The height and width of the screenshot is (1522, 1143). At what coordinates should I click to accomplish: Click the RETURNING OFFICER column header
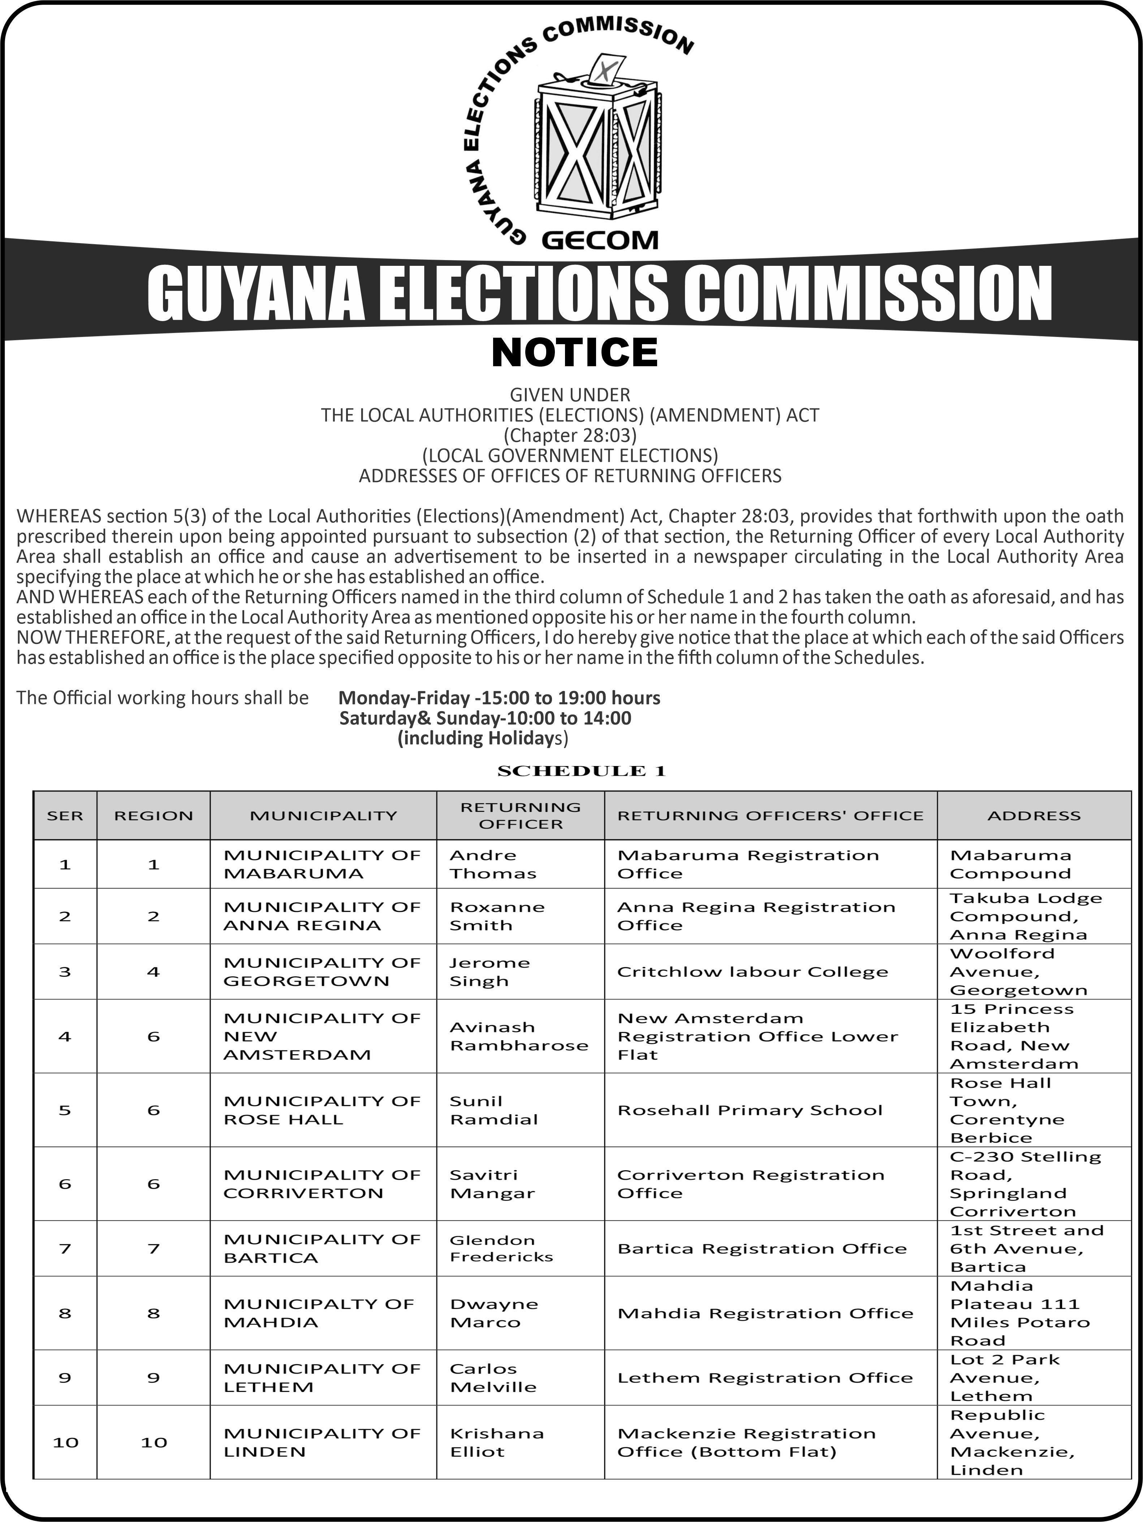pos(520,816)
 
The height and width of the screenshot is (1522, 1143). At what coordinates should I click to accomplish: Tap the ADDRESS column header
pos(1034,816)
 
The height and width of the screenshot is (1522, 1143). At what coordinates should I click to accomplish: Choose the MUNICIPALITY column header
pos(323,816)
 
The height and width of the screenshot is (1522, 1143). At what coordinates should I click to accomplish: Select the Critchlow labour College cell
pos(752,972)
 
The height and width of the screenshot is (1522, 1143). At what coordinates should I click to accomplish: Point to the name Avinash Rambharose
pos(519,1036)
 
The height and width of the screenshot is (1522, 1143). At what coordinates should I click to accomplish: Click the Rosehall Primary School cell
pos(749,1110)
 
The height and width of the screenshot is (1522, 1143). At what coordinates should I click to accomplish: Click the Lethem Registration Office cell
pos(764,1378)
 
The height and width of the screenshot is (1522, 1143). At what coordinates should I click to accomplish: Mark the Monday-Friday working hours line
pos(499,698)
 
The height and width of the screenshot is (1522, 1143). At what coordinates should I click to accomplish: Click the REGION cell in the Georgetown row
pos(154,972)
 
